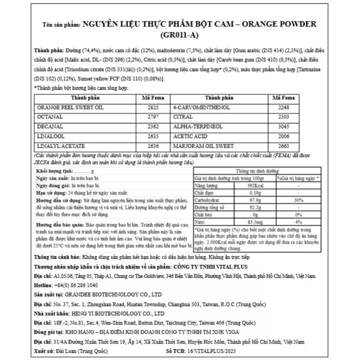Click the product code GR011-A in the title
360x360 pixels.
point(179,35)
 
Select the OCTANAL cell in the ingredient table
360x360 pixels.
point(50,117)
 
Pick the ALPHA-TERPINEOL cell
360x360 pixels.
point(198,127)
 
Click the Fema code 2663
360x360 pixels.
point(283,146)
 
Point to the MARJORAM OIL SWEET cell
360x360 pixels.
point(204,146)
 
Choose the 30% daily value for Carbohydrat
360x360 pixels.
point(298,200)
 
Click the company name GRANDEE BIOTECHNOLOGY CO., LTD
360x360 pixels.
point(112,295)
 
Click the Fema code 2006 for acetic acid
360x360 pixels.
point(283,136)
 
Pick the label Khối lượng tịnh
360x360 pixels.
point(54,171)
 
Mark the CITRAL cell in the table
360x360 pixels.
point(183,117)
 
